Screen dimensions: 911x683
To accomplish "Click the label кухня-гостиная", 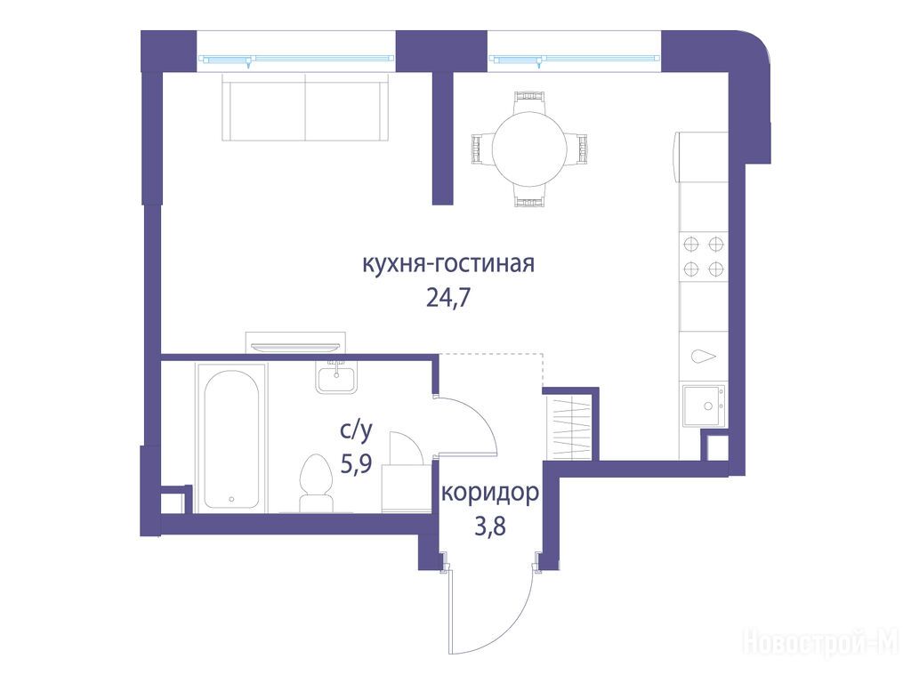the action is pos(448,264).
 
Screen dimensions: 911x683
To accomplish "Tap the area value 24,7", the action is pos(448,298).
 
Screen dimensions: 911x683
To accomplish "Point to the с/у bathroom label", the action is pos(356,430).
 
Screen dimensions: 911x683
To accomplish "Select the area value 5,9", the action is pos(356,464).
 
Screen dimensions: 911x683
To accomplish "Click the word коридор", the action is pos(490,494).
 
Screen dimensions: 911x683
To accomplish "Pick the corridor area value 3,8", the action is pos(490,527).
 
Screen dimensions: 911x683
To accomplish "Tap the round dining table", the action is pos(529,148).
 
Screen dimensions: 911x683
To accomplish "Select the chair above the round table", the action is pos(530,101).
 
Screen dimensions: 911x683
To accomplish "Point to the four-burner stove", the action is pos(703,256).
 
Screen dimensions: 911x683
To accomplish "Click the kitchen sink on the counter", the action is pos(703,406).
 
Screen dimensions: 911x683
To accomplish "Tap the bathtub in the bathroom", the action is pos(231,438).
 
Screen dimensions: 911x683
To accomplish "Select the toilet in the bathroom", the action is pos(315,483).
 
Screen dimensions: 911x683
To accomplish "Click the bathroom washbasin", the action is pos(337,376).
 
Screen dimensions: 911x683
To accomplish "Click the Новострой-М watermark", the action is pos(821,643).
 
